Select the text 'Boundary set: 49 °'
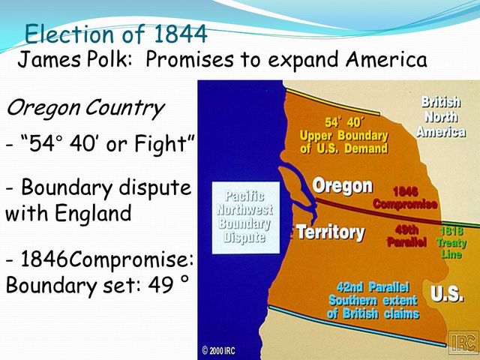click(97, 286)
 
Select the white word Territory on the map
click(330, 232)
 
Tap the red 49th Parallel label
click(406, 236)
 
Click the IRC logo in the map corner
click(463, 342)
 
